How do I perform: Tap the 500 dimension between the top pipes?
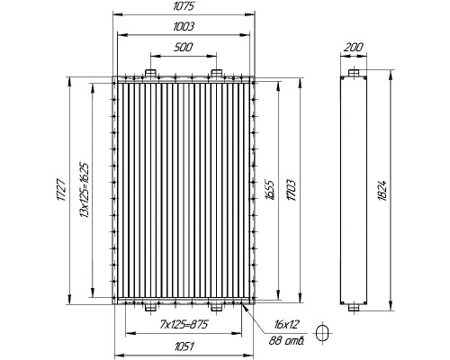[182, 47]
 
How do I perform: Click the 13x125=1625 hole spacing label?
[83, 190]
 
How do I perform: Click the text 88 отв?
[287, 339]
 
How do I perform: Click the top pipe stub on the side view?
[353, 72]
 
